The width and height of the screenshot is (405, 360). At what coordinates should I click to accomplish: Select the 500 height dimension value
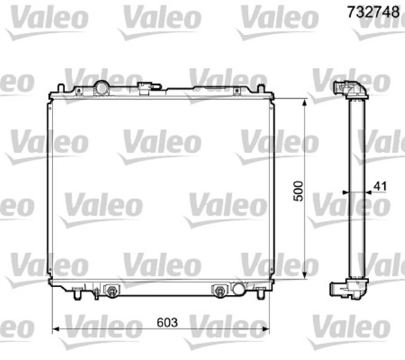(299, 189)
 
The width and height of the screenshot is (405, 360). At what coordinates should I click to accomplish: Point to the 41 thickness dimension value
(380, 186)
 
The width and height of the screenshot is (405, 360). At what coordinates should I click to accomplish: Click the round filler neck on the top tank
(101, 87)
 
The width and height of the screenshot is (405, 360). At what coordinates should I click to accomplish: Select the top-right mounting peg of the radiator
(261, 88)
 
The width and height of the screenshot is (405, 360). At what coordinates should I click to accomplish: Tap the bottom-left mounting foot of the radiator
(77, 294)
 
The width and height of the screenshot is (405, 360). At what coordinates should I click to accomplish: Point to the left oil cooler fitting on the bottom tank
(111, 291)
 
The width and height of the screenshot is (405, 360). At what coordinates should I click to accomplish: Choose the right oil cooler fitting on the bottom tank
(219, 291)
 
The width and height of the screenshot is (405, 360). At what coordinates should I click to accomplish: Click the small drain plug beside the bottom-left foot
(95, 292)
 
